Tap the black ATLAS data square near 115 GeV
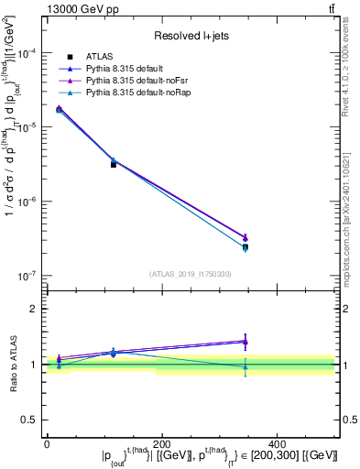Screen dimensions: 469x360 (114, 164)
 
